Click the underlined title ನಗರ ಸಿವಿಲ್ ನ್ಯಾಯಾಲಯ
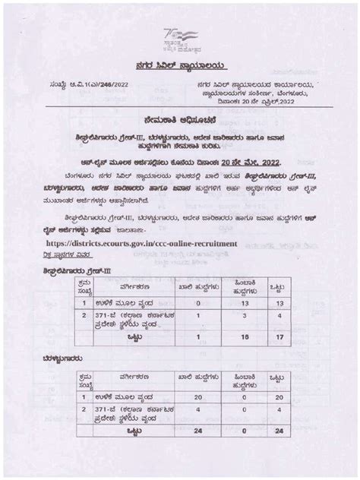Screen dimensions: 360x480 point(179,66)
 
